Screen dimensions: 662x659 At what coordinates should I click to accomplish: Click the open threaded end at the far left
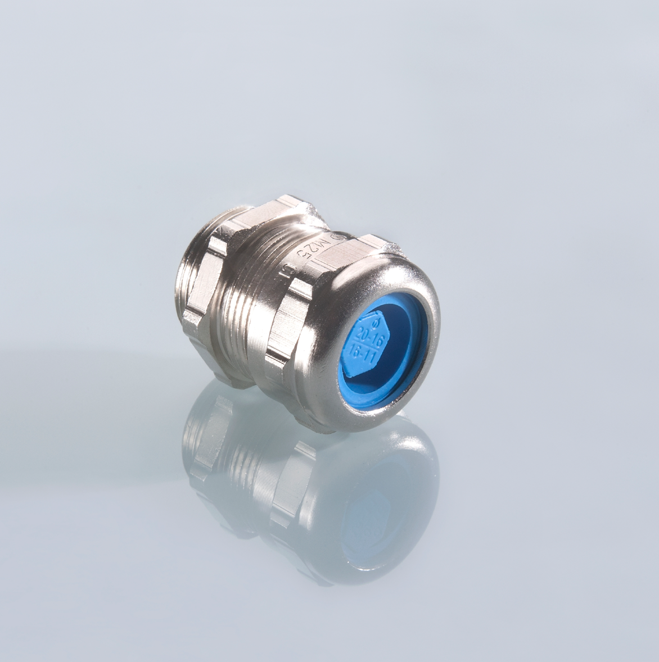(x=186, y=292)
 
